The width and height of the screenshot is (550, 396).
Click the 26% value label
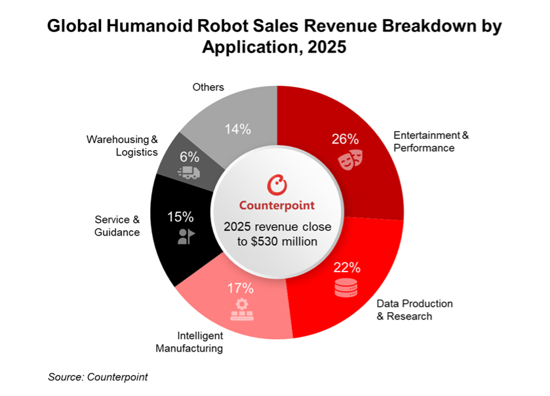point(344,139)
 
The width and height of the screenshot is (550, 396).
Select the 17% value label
point(241,287)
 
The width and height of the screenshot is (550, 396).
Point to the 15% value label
point(181,216)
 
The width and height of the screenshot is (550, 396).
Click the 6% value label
point(189,156)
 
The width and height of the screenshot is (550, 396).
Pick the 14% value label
point(237,129)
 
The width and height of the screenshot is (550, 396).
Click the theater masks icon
point(350,159)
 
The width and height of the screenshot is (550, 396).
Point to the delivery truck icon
point(189,172)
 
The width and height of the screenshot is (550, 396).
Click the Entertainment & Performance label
point(431,142)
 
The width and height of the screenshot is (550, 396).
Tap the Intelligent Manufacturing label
point(189,342)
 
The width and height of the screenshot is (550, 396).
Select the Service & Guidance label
point(117,226)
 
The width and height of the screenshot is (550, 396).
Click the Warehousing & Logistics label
point(123,146)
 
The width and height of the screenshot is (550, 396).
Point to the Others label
point(208,87)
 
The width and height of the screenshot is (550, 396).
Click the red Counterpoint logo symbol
point(277,184)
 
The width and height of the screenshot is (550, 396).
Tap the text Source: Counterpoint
point(98,377)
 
